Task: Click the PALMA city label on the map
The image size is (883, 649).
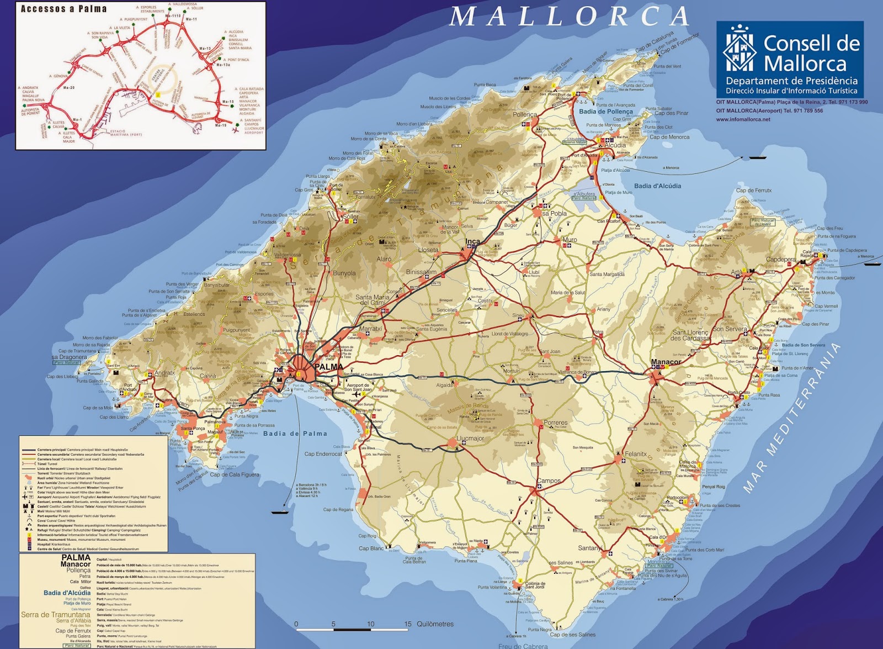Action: coord(329,367)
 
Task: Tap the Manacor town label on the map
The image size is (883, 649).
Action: coord(666,362)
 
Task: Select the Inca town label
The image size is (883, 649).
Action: coord(472,241)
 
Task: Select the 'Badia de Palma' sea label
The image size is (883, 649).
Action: coord(295,434)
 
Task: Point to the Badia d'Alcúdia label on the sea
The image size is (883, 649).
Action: coord(657,186)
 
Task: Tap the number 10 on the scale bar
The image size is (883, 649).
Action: coord(370,624)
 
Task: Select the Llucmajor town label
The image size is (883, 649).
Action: coord(470,439)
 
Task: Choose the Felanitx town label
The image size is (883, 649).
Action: coord(636,454)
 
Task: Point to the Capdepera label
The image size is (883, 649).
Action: coord(781,260)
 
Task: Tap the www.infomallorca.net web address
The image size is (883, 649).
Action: coord(743,119)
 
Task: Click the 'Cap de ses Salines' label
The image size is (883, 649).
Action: coord(572,635)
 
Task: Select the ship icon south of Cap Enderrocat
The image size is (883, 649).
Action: coord(280,512)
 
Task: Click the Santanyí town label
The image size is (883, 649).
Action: coord(589,548)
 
